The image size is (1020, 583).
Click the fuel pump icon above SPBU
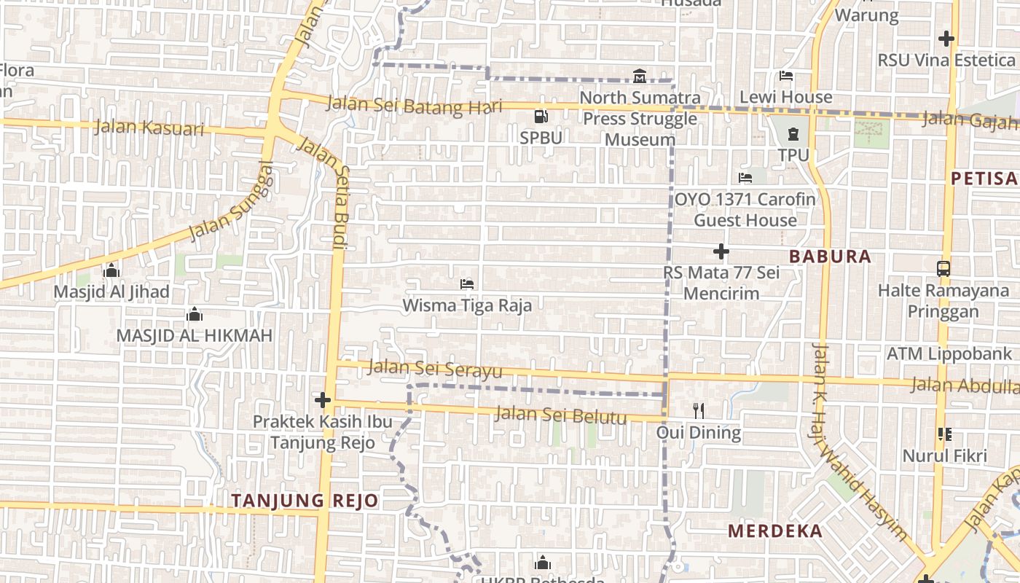click(541, 116)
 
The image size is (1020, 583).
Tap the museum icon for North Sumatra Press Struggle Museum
click(640, 76)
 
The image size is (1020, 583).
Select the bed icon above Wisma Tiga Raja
click(467, 283)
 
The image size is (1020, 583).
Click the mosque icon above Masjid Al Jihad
click(111, 270)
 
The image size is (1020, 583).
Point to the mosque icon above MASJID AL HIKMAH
click(194, 314)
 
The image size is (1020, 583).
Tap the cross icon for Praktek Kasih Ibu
click(322, 400)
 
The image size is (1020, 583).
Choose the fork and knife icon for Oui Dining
click(698, 410)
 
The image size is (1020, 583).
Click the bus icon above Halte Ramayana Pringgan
click(943, 268)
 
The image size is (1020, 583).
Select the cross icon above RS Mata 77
click(721, 251)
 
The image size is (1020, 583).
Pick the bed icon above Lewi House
click(785, 75)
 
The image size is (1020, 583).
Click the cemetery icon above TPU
click(793, 133)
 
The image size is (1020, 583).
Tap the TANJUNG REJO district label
click(305, 501)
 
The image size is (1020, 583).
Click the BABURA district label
click(830, 257)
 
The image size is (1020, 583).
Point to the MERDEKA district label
click(775, 531)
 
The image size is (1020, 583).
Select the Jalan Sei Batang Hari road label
click(414, 105)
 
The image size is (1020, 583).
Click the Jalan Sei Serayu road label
click(435, 369)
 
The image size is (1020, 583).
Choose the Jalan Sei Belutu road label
click(560, 415)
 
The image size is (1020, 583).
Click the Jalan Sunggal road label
click(232, 202)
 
